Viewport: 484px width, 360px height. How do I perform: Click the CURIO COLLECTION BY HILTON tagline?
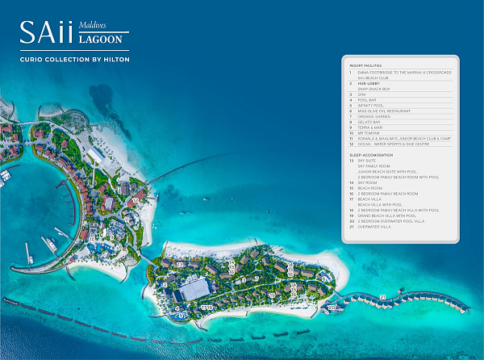[x=74, y=60]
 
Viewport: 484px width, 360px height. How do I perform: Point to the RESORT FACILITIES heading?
[x=365, y=65]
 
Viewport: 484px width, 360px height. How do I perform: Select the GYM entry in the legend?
[x=361, y=94]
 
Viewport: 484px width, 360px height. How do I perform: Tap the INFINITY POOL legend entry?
[x=369, y=105]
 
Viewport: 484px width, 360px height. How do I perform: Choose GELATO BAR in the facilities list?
[x=368, y=122]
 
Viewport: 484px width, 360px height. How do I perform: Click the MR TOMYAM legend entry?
[x=367, y=133]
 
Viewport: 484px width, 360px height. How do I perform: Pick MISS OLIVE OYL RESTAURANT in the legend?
[x=383, y=111]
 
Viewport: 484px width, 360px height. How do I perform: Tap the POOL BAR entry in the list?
[x=365, y=100]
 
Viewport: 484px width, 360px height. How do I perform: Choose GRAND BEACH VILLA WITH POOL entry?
[x=386, y=216]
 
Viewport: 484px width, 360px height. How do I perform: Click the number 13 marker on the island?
[x=181, y=264]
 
